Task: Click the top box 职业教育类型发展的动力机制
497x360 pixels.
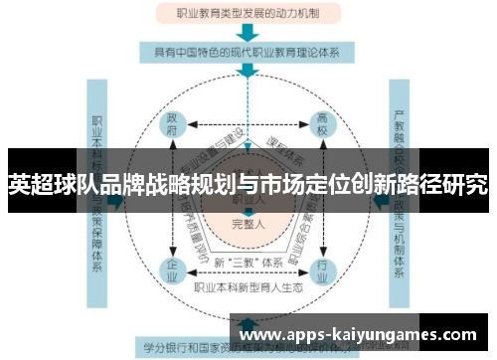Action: [x=248, y=14]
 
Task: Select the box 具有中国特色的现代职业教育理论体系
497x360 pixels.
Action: [x=248, y=50]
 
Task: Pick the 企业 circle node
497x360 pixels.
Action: [x=173, y=269]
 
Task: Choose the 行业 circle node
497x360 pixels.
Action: [x=322, y=269]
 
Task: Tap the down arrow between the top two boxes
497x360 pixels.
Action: [x=248, y=32]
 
